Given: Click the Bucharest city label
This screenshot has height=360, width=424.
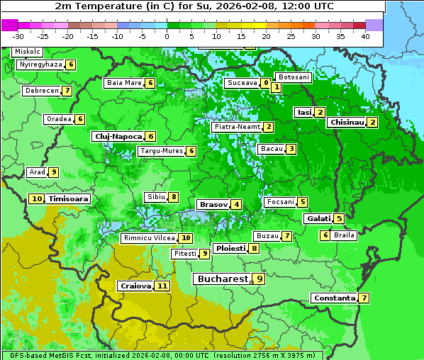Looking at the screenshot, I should coord(221,279).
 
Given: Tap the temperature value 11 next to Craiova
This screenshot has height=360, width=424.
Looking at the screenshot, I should coord(162,286).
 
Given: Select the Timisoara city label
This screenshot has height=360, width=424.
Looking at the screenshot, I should coord(68,199).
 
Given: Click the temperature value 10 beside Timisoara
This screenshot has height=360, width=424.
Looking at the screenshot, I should coord(37,199).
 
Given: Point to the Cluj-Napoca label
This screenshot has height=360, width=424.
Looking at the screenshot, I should coord(117,136).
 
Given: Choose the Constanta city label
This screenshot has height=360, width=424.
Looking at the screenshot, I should coord(333,298).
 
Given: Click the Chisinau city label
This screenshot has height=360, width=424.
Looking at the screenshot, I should coord(346,122).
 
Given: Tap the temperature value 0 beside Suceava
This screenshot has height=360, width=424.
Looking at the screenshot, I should coord(265,83).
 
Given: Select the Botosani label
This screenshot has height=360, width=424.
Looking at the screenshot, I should coord(293,77).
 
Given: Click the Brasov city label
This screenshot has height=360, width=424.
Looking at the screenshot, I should coord(213,204).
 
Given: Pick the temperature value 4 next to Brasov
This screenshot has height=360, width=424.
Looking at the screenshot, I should coord(235,205).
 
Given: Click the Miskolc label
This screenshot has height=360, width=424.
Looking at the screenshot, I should coord(27,52).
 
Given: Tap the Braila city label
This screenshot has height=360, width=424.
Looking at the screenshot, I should coord(344,235).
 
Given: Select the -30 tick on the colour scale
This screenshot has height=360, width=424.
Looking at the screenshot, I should coord(18,36).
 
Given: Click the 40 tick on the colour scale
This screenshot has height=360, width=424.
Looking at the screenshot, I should coord(365,36).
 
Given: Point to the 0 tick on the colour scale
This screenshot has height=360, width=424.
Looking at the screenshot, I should coord(167,36).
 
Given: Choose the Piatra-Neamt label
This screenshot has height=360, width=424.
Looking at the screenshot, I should coord(237,127).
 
